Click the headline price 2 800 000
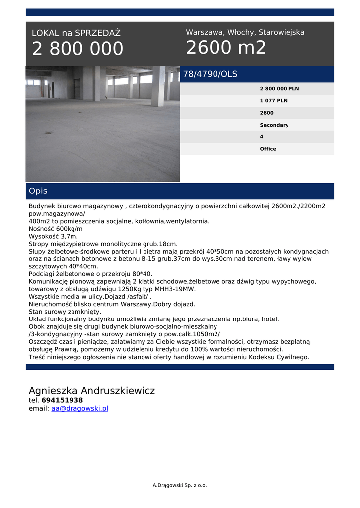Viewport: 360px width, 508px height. point(77,49)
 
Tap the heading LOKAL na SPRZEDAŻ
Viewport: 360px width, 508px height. point(76,33)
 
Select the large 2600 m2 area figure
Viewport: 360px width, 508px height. point(226,48)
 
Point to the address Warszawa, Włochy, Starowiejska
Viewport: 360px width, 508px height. point(245,32)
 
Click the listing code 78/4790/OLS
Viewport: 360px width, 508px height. point(210,74)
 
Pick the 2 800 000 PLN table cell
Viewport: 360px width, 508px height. point(279,89)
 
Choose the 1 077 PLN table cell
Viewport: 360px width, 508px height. point(273,101)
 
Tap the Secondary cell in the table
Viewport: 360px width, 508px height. point(274,125)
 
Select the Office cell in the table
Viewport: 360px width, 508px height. point(268,149)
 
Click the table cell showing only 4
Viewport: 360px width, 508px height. point(262,137)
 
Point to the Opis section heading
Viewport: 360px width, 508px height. point(38,191)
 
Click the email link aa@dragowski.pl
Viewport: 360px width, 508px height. point(79,409)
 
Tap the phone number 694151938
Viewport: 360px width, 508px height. point(62,400)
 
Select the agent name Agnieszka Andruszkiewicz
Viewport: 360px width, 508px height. point(91,391)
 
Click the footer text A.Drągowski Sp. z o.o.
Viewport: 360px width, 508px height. point(179,485)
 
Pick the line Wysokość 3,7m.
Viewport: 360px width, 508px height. point(53,237)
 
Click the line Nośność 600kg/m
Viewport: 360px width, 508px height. point(56,229)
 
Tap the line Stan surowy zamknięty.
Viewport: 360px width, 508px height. point(65,312)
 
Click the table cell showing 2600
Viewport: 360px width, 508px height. point(266,113)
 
